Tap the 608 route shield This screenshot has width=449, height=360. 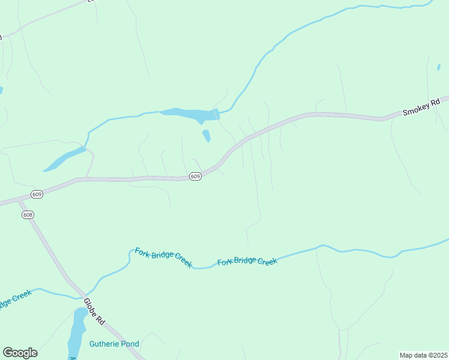(x=27, y=215)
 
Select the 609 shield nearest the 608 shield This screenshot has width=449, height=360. (x=37, y=194)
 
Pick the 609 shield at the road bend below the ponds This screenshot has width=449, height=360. (x=194, y=176)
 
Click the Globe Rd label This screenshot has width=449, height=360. (x=95, y=311)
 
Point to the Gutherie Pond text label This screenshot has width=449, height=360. (x=114, y=344)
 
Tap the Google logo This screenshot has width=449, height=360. (x=20, y=353)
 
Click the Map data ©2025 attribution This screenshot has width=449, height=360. (x=424, y=355)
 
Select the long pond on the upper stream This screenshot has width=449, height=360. (x=186, y=113)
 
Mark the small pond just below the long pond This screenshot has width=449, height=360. (x=206, y=136)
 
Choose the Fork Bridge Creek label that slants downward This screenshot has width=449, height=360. (x=163, y=257)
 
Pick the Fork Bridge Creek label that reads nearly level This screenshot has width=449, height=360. (x=247, y=262)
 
